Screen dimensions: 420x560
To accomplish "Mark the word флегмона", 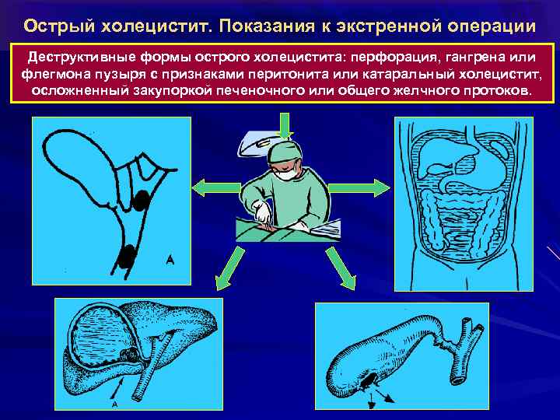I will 53,75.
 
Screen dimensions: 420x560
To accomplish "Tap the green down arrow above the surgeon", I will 285,125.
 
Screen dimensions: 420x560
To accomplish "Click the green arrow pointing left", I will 209,186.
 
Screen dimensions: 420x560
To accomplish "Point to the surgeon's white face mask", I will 288,173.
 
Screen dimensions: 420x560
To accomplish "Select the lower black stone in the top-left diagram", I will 127,254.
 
